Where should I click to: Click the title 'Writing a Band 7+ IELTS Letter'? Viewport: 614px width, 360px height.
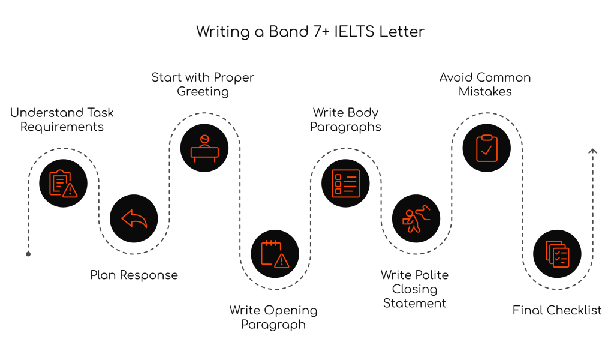pos(310,32)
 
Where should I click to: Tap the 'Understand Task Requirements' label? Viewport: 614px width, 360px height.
pos(62,119)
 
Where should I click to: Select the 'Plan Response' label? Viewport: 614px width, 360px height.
pos(134,275)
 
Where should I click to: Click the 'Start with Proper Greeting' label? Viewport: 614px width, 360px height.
pos(203,85)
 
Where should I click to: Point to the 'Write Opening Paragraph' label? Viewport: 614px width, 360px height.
pos(273,317)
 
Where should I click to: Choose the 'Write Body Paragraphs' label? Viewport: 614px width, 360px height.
pos(346,119)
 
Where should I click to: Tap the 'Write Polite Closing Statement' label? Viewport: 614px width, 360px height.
pos(415,289)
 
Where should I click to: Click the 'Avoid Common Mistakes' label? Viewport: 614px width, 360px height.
pos(485,85)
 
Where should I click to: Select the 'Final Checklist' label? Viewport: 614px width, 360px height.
pos(557,310)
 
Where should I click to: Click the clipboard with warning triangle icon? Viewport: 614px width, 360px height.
pos(63,183)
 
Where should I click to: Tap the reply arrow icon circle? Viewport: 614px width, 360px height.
pos(134,218)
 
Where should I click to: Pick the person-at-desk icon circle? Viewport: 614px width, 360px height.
pos(204,148)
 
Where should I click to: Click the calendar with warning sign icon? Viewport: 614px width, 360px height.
pos(275,254)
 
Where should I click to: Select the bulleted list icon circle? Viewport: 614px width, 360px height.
pos(346,183)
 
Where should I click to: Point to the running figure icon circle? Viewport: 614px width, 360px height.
pos(416,218)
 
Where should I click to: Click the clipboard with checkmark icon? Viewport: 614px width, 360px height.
pos(486,148)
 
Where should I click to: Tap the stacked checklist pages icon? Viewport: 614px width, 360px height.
pos(557,254)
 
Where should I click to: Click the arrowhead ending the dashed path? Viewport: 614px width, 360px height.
pos(592,151)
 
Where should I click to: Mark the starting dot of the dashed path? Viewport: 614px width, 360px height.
pos(28,254)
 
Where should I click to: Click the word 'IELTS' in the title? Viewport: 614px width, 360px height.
pos(354,32)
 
